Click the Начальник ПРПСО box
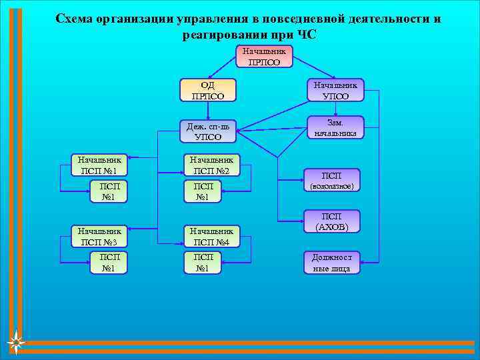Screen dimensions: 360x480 point(265,57)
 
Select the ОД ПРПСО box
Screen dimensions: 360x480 point(208,90)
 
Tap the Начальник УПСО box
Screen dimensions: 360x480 point(335,90)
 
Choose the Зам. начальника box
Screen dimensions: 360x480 point(335,128)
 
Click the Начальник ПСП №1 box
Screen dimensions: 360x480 point(99,165)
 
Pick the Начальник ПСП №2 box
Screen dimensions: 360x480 point(211,165)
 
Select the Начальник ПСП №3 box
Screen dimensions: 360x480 point(99,235)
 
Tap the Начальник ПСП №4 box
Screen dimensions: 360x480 point(211,235)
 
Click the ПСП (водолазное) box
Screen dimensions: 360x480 point(331,180)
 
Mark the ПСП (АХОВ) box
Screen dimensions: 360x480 point(331,221)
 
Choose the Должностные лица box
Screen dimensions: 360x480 point(331,263)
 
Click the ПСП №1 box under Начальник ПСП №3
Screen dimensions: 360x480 point(109,263)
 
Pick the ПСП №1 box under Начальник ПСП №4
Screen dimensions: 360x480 point(203,263)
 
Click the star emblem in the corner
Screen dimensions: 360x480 point(16,343)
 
